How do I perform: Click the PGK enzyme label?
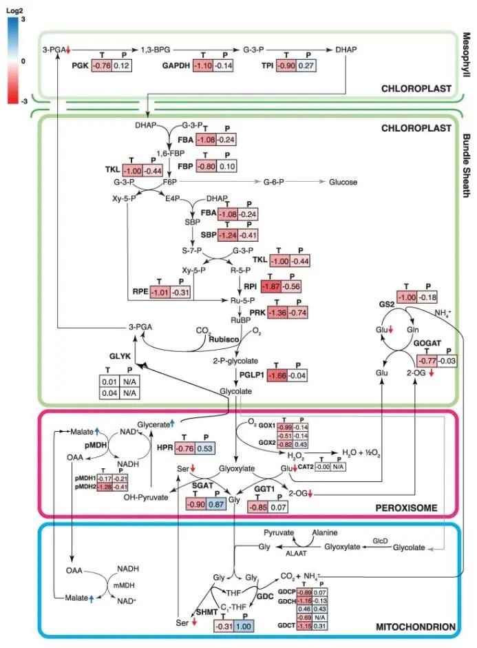click(x=81, y=65)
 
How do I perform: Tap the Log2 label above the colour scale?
click(x=14, y=10)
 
